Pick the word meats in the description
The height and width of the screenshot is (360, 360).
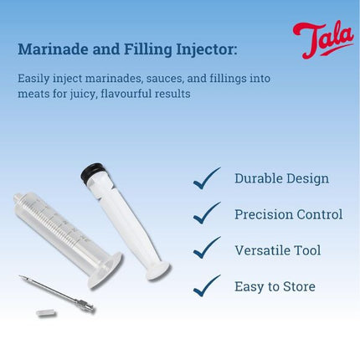[34, 94]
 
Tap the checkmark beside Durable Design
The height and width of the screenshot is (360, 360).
[207, 178]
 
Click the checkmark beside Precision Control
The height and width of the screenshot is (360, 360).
[207, 214]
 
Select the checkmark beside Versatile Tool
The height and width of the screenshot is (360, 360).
[207, 249]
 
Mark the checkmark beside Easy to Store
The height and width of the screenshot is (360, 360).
[207, 286]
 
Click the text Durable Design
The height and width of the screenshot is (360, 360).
[281, 178]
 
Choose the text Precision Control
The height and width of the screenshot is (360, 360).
[288, 214]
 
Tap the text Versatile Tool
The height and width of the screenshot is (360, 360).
[277, 250]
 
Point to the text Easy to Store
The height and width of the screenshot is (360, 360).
[275, 286]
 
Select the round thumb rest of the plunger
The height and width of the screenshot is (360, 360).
[157, 270]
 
